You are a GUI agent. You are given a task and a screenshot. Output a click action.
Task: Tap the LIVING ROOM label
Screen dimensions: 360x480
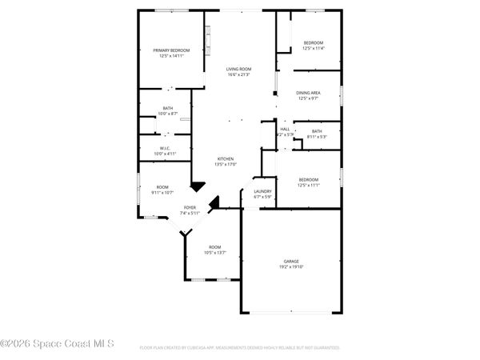(x=238, y=69)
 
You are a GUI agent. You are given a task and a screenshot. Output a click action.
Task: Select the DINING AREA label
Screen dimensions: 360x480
(x=308, y=93)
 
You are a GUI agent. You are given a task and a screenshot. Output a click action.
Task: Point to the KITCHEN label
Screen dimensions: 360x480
(x=226, y=159)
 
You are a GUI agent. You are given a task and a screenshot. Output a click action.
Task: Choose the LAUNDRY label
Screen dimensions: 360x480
(x=262, y=191)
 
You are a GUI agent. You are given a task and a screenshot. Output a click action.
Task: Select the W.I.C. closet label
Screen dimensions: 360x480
(x=164, y=147)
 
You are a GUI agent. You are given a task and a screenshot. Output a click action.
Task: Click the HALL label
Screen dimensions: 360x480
(x=285, y=129)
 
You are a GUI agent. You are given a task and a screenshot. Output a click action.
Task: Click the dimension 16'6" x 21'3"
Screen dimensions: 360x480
(x=238, y=74)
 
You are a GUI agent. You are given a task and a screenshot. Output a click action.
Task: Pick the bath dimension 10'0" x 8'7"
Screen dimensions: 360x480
(x=168, y=114)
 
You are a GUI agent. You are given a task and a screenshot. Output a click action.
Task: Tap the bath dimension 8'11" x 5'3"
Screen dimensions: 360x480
(x=317, y=137)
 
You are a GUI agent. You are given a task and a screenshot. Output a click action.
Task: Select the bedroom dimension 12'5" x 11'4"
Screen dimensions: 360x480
(x=313, y=48)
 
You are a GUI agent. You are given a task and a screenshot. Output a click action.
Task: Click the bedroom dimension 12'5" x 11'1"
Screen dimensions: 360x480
(x=308, y=185)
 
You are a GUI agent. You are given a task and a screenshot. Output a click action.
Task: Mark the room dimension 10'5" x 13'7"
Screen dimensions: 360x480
(x=214, y=252)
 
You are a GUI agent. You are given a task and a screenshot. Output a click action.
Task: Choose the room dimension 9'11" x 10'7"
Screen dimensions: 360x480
(x=162, y=192)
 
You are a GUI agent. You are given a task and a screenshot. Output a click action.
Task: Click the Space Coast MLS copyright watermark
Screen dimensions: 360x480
(x=57, y=344)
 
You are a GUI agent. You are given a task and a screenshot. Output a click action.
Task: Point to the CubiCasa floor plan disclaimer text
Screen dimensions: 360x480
(x=240, y=348)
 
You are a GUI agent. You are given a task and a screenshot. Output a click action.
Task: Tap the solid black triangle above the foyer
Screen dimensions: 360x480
(x=197, y=186)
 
